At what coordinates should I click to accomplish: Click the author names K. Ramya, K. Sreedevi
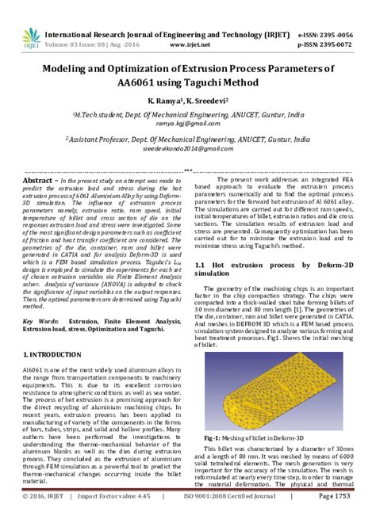[x=188, y=101]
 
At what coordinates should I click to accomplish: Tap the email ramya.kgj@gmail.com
[x=188, y=124]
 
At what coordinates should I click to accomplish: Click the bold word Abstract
[x=38, y=181]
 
